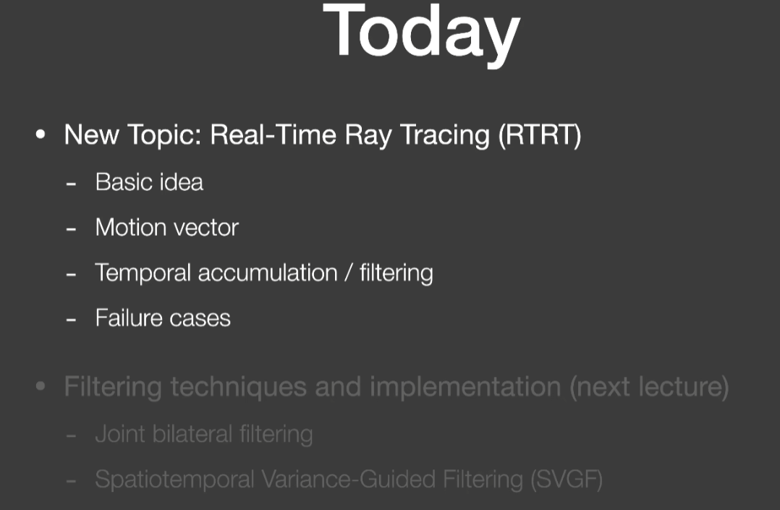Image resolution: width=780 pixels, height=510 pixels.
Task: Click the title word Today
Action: tap(421, 34)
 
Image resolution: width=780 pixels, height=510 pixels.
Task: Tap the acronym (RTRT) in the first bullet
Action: tap(540, 135)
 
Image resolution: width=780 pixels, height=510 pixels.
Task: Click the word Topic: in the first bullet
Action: tap(164, 135)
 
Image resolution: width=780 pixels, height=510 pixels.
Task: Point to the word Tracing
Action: tap(445, 135)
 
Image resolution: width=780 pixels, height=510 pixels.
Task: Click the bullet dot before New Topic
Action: tap(41, 135)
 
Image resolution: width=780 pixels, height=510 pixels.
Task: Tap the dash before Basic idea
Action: tap(71, 184)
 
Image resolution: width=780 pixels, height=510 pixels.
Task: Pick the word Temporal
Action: tap(143, 273)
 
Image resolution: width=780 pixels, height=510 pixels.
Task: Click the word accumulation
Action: tap(268, 273)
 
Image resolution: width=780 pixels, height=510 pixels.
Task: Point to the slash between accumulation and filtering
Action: tap(349, 273)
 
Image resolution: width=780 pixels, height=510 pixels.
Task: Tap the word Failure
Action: tap(129, 318)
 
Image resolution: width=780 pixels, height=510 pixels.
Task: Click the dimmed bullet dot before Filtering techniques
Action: tap(41, 386)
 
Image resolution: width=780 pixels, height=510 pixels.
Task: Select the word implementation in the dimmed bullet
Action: tap(465, 387)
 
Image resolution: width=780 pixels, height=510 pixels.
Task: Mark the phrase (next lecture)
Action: tap(649, 387)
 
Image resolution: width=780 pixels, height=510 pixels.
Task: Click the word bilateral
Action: tap(192, 434)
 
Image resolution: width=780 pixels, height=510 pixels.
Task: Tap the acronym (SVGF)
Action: tap(567, 480)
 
